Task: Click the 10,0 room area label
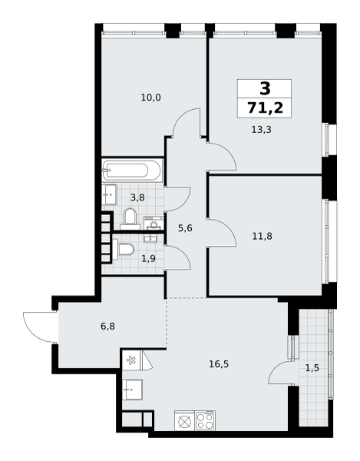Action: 151,98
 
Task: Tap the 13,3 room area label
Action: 261,129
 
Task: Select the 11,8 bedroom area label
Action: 263,236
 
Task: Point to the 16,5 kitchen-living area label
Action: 219,364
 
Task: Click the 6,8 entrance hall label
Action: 107,327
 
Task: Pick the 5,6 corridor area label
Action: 185,228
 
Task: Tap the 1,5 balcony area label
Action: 312,368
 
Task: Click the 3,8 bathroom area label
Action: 137,197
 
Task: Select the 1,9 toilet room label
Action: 149,259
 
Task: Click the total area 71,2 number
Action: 265,108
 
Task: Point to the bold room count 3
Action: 265,88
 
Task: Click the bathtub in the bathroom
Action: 131,171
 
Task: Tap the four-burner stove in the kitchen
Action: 205,421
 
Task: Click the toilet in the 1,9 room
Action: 124,250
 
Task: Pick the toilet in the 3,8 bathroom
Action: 130,219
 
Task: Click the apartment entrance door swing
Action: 38,327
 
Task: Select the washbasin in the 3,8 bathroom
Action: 109,194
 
